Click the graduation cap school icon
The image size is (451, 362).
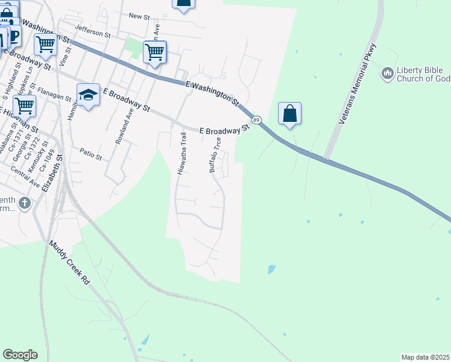(x=88, y=95)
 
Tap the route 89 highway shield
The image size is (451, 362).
(x=256, y=121)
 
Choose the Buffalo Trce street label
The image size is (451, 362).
(x=214, y=155)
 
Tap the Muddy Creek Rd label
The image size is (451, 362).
(x=69, y=263)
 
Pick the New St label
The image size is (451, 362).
(x=139, y=17)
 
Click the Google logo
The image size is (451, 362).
(x=20, y=355)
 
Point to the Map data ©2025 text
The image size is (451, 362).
(x=425, y=357)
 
